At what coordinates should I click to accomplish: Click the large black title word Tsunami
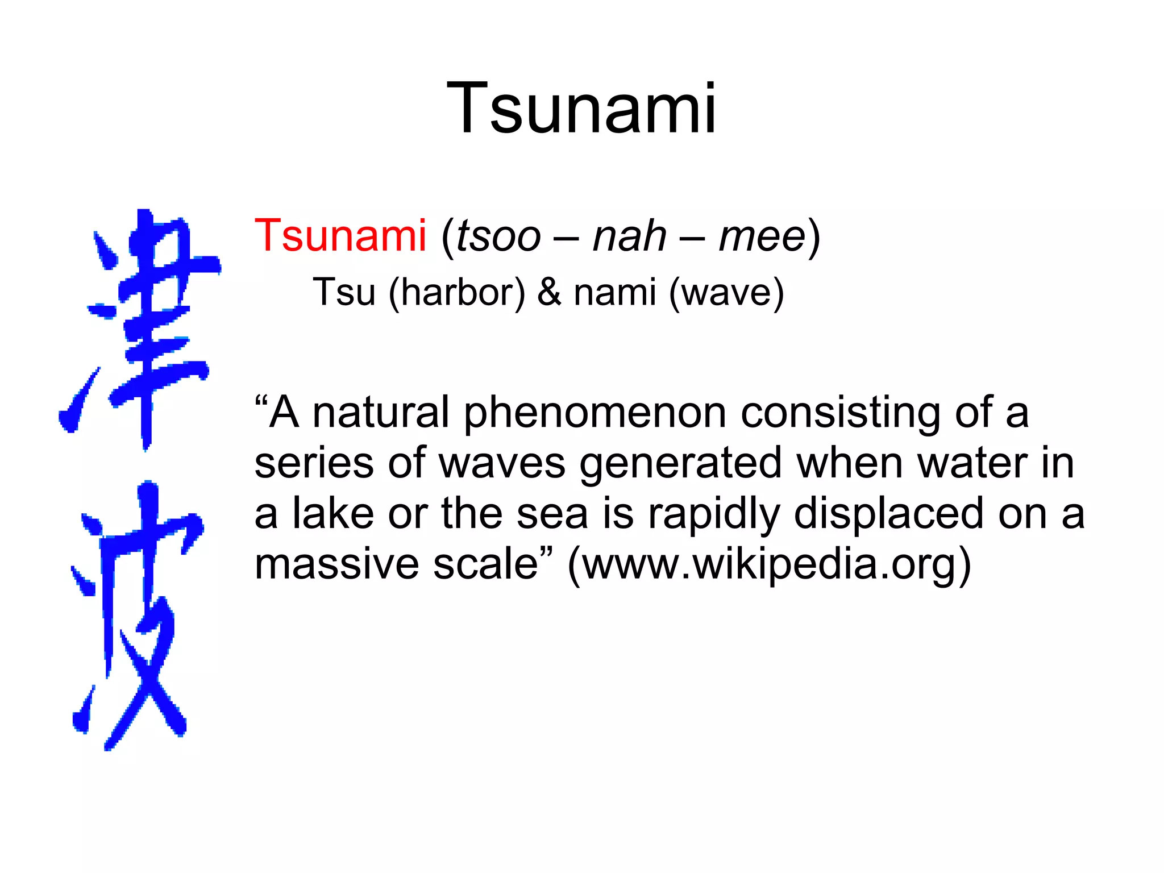pyautogui.click(x=581, y=108)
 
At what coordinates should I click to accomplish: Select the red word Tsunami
pyautogui.click(x=340, y=235)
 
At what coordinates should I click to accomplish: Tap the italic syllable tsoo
pyautogui.click(x=498, y=236)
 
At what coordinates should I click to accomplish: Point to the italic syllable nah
pyautogui.click(x=629, y=236)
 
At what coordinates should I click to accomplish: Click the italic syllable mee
pyautogui.click(x=762, y=236)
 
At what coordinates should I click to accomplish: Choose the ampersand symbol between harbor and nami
pyautogui.click(x=549, y=292)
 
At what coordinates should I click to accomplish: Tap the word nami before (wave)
pyautogui.click(x=615, y=292)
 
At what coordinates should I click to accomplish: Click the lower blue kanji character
pyautogui.click(x=136, y=614)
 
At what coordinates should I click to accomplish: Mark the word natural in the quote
pyautogui.click(x=381, y=412)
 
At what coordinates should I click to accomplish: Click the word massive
pyautogui.click(x=336, y=564)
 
